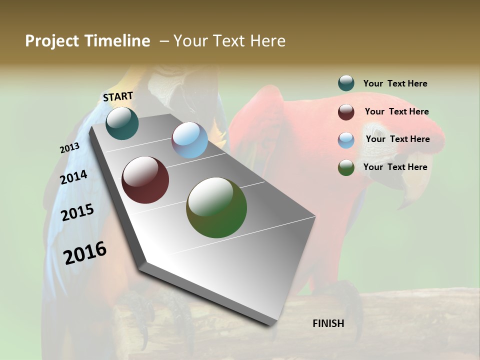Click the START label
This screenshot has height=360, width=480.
tap(118, 96)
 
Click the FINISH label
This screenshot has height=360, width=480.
tap(328, 323)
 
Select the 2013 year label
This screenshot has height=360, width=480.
tap(69, 148)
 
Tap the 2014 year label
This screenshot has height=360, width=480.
tap(73, 177)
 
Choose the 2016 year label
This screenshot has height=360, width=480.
tap(85, 253)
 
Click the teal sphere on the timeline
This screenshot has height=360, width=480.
tap(122, 123)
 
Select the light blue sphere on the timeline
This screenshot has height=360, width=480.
tap(189, 140)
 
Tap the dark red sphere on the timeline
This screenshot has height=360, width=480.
tap(145, 180)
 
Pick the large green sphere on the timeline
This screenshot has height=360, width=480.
tap(216, 207)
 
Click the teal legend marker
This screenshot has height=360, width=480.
tap(346, 83)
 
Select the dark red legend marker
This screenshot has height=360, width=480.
tap(346, 112)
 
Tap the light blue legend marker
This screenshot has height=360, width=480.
tap(346, 140)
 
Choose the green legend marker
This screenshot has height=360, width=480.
tap(346, 168)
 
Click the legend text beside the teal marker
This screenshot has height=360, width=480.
tap(395, 83)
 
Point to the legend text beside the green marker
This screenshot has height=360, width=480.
tap(395, 167)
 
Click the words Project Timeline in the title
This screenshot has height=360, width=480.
tap(87, 41)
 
